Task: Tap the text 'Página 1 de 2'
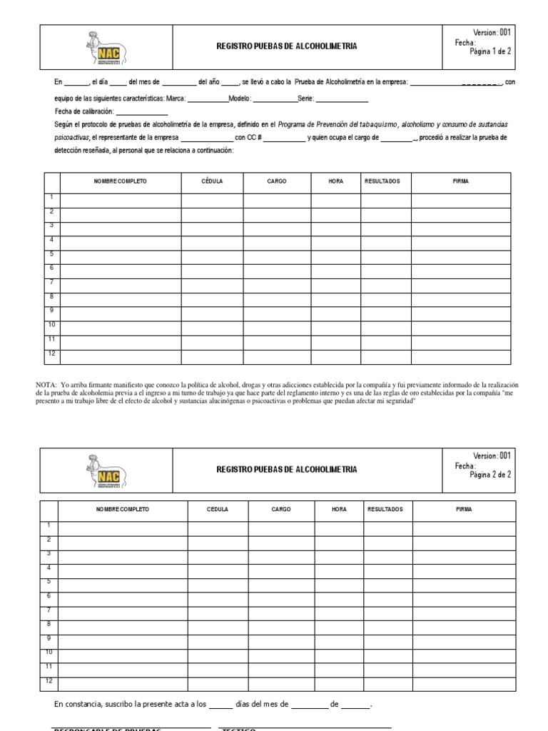(x=490, y=51)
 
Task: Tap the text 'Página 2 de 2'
(x=490, y=474)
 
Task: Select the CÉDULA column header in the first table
(x=212, y=181)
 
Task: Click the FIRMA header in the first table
(x=460, y=181)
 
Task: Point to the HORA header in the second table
(x=339, y=509)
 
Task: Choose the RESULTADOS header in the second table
(x=385, y=509)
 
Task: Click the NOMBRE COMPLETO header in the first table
(x=120, y=181)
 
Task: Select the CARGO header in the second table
(x=280, y=509)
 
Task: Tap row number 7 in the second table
(x=49, y=610)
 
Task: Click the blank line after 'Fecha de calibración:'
(x=141, y=114)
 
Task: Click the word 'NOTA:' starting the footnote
(x=45, y=385)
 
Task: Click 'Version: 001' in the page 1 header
(x=492, y=32)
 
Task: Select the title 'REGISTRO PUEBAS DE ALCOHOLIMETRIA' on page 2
(x=287, y=469)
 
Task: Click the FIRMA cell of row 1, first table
(x=460, y=200)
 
